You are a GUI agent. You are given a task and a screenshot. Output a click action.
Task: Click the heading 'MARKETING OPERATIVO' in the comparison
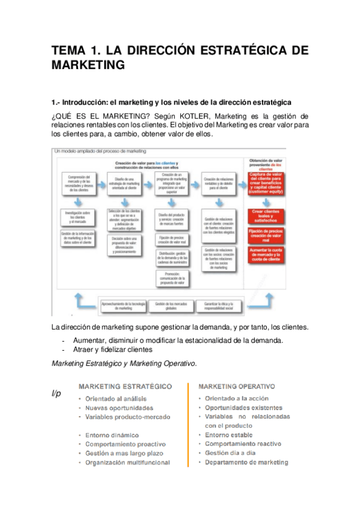click(237, 386)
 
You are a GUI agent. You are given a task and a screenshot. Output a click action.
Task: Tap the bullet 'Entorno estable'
click(228, 435)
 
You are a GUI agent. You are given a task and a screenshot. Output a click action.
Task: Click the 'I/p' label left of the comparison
click(57, 393)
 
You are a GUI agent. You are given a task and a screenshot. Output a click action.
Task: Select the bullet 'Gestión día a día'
click(231, 453)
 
